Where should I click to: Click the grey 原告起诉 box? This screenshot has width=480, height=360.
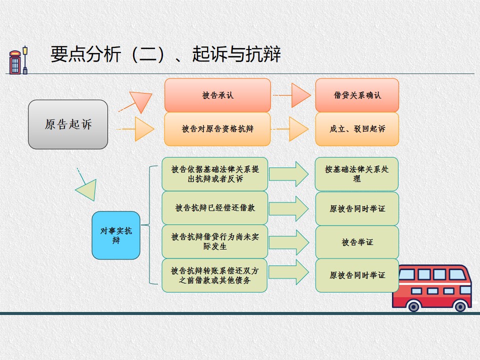coord(68,124)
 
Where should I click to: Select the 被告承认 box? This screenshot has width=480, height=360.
coord(217,95)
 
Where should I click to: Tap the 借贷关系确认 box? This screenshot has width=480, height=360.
coord(357,95)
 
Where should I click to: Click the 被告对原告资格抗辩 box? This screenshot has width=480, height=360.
coord(217,129)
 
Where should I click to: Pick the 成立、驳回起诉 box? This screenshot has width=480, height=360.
coord(357,129)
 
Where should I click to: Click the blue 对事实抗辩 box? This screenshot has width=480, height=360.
coord(116,235)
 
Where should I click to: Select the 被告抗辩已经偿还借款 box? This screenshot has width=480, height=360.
coord(215,208)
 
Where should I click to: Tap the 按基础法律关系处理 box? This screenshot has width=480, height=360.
coord(356,174)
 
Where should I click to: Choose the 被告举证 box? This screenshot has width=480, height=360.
coord(357,242)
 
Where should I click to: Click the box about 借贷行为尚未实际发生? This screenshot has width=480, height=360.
coord(215,241)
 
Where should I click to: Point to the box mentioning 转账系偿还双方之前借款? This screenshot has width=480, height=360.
coord(215,275)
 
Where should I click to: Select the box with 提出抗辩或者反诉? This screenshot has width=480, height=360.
coord(215,174)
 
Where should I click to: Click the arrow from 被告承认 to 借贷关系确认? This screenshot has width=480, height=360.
coord(291,95)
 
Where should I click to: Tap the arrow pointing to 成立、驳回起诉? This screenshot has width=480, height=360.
coord(289,129)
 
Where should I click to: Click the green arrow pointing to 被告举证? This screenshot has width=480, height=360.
coord(288,242)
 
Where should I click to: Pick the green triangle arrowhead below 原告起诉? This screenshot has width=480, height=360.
coord(86,190)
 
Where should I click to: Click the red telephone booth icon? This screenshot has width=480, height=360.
coord(15,62)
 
